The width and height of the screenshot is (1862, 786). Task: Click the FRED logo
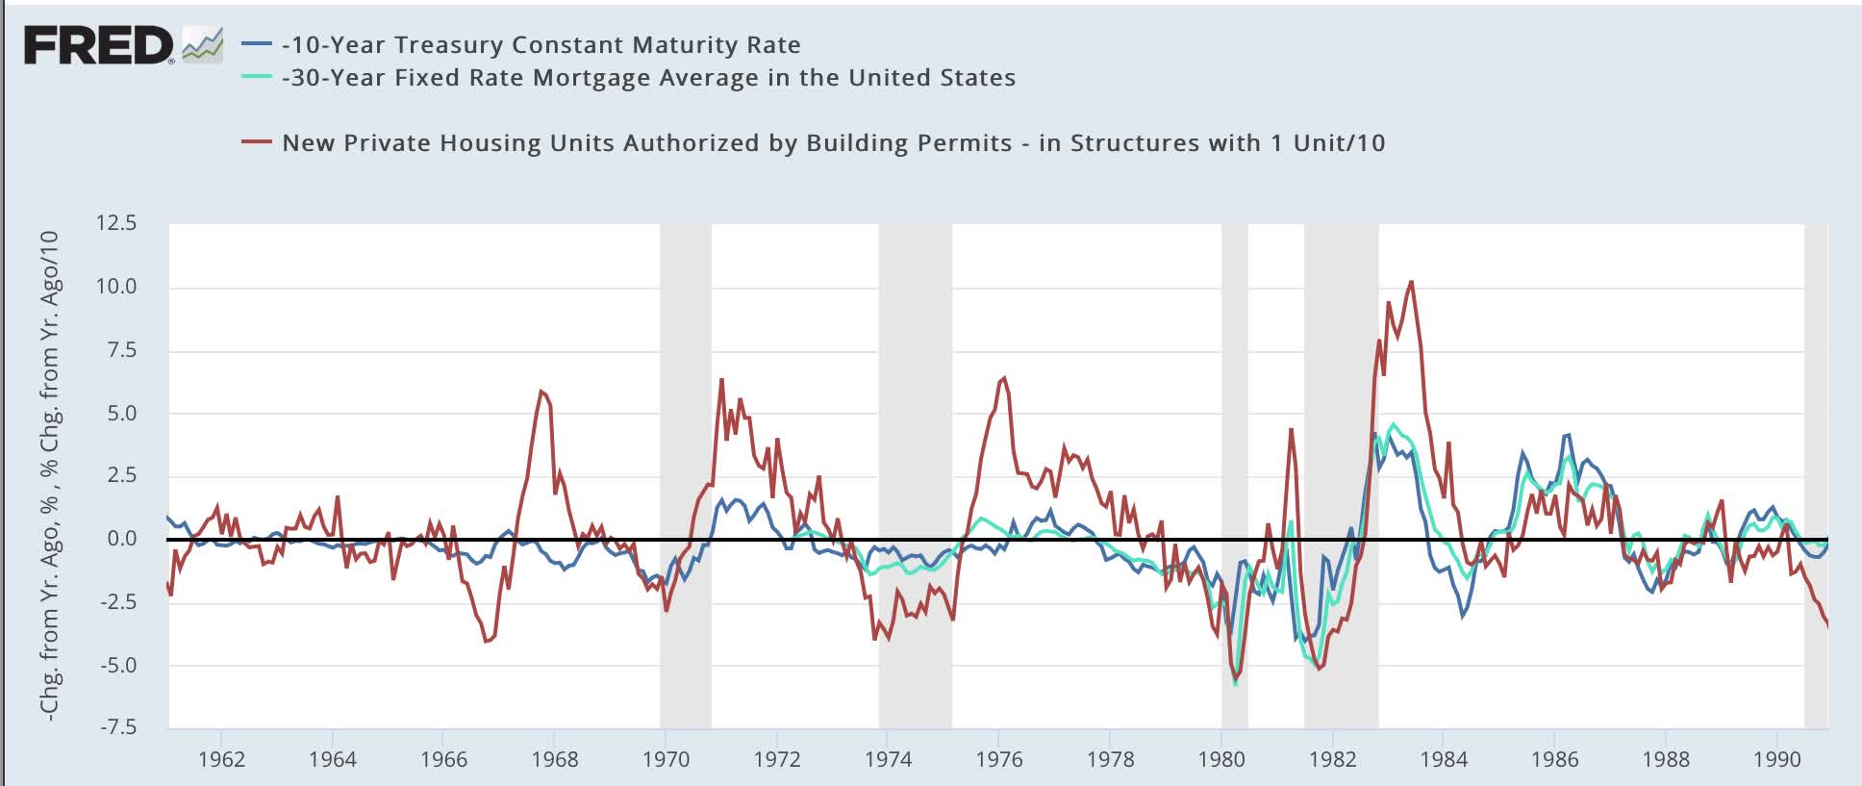[99, 45]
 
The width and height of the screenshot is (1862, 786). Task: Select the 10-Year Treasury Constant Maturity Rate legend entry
[541, 44]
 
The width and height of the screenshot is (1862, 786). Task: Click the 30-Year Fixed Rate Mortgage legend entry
[648, 78]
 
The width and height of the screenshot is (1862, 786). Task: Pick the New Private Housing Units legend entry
[833, 143]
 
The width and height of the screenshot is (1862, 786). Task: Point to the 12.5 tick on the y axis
[116, 223]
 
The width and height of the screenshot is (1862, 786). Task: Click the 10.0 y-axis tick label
[116, 287]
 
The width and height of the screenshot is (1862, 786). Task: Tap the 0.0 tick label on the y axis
[122, 539]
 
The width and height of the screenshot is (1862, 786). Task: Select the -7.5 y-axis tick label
[118, 727]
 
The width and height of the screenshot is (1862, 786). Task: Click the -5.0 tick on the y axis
[118, 665]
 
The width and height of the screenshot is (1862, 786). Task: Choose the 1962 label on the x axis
[221, 759]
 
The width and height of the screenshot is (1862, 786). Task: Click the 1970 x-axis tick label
[666, 759]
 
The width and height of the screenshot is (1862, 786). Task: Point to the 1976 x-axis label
[999, 759]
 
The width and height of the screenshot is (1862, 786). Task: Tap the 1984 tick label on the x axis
[1444, 759]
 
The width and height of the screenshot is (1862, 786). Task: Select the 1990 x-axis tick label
[1776, 759]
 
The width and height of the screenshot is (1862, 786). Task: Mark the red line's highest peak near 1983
[1411, 281]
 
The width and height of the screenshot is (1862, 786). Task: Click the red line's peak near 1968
[541, 391]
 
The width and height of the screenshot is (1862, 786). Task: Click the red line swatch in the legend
[256, 143]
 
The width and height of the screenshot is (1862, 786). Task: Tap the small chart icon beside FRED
[202, 43]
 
